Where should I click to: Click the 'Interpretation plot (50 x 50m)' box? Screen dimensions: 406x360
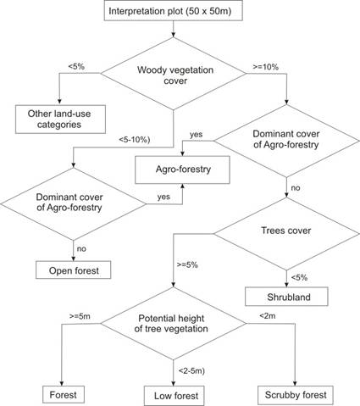coord(174,12)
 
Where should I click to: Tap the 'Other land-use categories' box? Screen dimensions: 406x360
coord(58,118)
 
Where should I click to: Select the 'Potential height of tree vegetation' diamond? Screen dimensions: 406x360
coord(174,325)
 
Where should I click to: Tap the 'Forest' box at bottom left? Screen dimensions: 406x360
coord(64,393)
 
